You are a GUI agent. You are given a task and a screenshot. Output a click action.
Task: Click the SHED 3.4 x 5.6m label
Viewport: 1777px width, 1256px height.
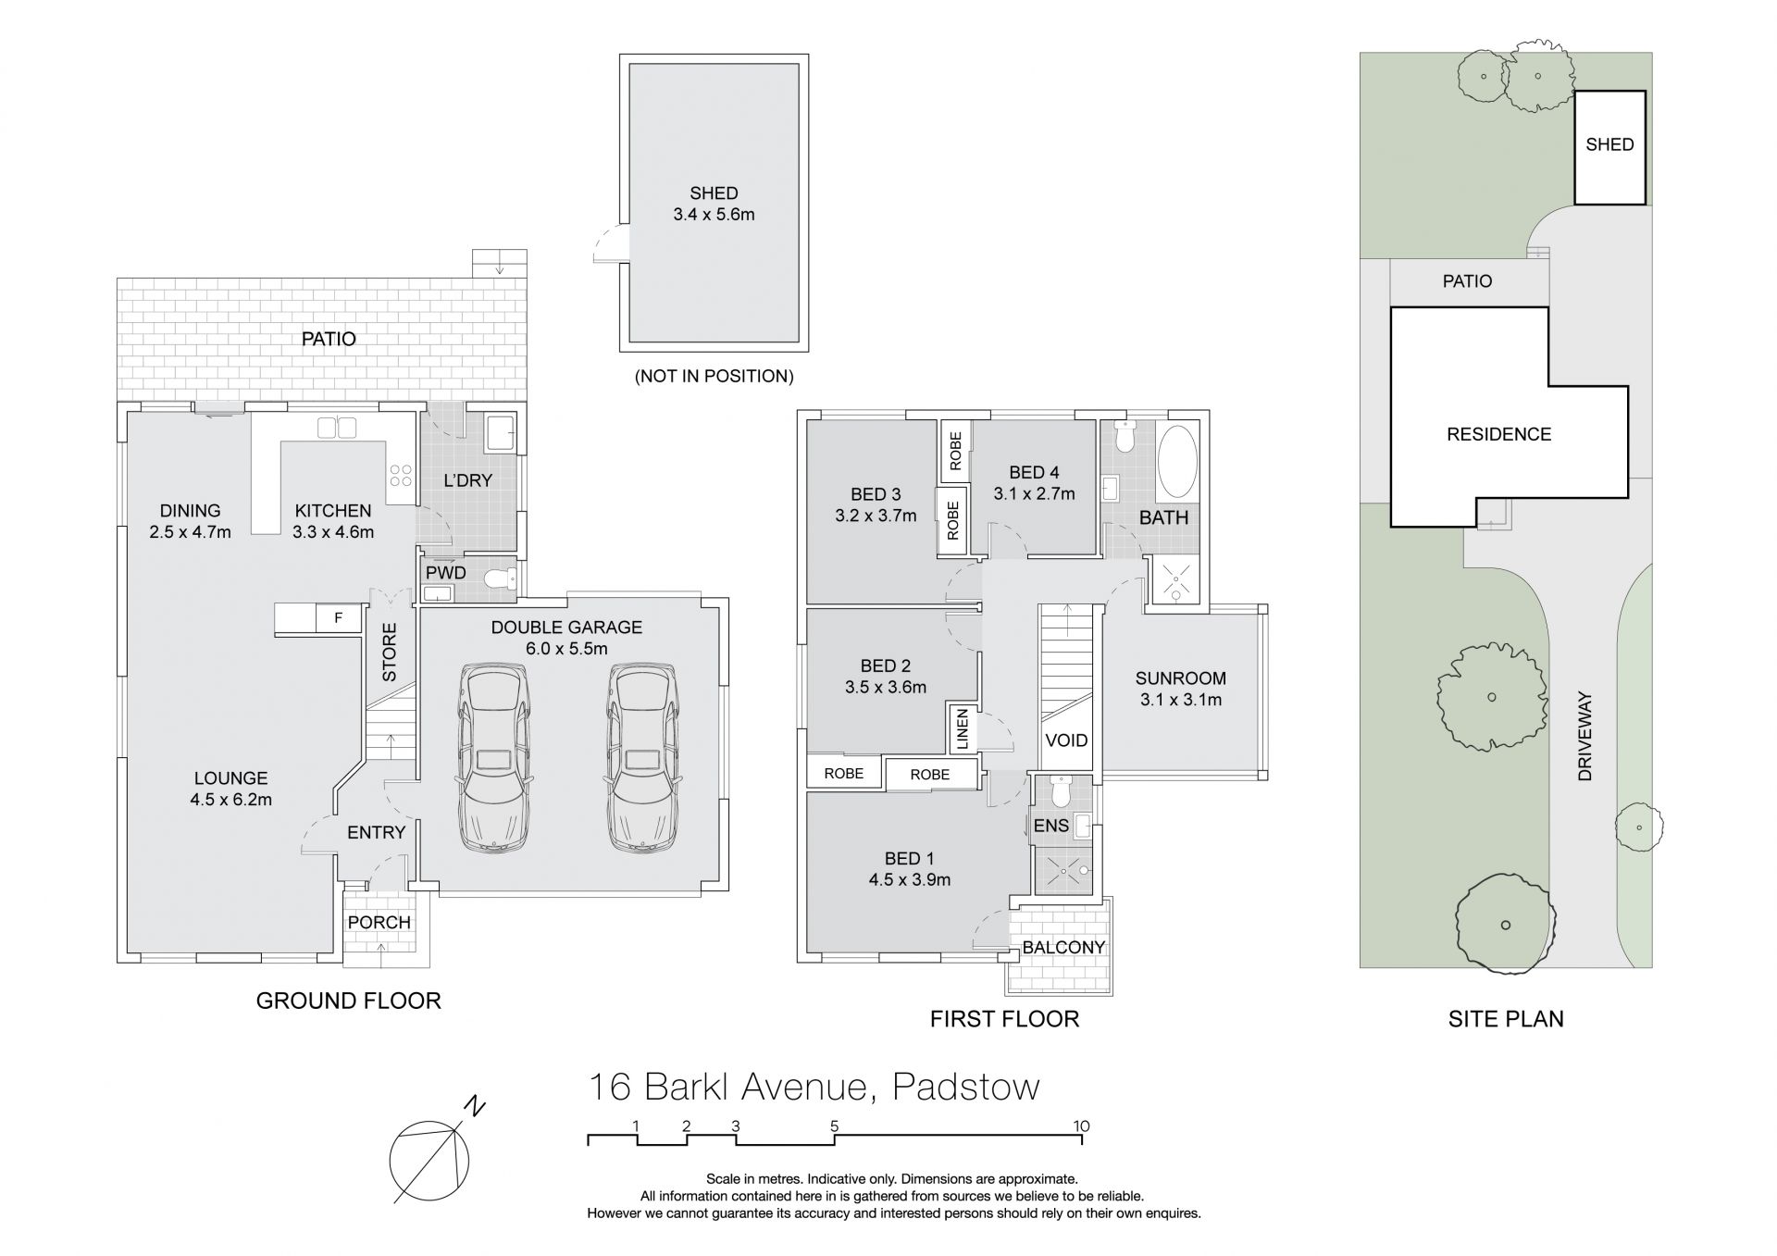(x=714, y=204)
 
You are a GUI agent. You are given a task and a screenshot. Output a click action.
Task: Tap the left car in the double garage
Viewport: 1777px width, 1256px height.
(x=492, y=758)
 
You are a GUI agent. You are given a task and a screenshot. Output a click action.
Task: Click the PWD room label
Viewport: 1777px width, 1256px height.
(x=445, y=573)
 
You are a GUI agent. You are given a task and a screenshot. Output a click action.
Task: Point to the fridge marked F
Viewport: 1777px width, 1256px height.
(x=339, y=618)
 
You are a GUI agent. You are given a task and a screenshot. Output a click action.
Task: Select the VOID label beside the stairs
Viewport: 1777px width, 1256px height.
(x=1066, y=740)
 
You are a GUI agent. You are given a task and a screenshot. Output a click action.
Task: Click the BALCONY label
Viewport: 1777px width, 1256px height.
(x=1063, y=947)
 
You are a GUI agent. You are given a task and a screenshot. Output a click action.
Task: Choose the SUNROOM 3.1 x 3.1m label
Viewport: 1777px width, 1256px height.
(x=1180, y=689)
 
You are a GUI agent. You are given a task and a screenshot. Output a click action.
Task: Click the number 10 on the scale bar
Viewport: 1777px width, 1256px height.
(x=1081, y=1126)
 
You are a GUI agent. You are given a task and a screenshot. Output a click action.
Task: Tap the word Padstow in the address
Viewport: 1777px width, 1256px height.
(x=965, y=1087)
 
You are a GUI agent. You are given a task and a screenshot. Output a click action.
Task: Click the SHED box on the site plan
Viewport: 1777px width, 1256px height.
(x=1609, y=146)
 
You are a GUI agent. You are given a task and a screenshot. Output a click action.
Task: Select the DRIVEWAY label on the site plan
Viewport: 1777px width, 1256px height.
(x=1584, y=736)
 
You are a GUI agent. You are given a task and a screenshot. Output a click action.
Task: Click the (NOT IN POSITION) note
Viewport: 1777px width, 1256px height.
(x=714, y=376)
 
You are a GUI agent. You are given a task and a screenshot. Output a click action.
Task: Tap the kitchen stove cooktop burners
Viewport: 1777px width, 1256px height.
(x=401, y=476)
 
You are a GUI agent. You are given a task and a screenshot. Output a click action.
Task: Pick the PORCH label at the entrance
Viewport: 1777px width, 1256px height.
(x=379, y=922)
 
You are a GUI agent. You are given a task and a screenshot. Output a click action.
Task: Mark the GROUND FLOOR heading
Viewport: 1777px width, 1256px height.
(x=348, y=1001)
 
